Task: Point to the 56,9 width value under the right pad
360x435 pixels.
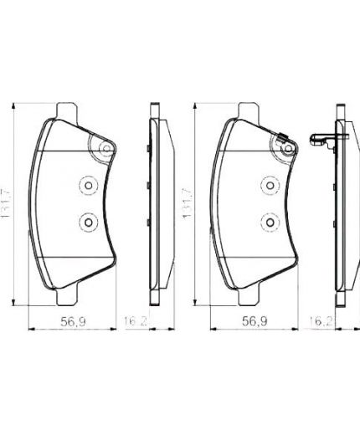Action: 254,320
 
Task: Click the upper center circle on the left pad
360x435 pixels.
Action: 87,187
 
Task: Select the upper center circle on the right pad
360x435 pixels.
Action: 269,187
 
